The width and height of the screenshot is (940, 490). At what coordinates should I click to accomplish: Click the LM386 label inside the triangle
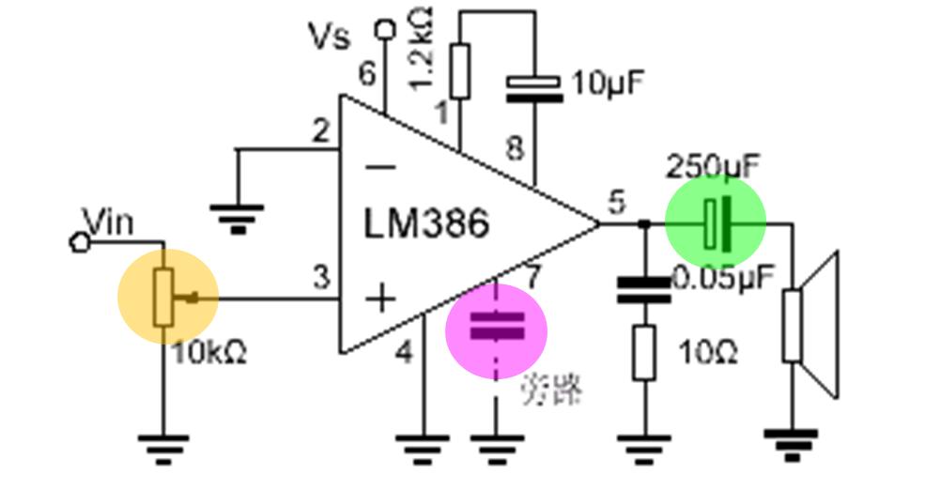click(426, 224)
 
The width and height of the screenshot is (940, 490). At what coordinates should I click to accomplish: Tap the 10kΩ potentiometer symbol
click(165, 297)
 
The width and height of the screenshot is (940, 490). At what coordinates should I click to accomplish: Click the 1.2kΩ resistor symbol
click(459, 71)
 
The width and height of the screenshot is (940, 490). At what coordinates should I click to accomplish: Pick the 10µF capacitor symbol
click(534, 85)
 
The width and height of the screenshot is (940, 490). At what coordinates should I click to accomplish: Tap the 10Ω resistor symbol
click(643, 352)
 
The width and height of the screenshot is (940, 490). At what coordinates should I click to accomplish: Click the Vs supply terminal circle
click(383, 28)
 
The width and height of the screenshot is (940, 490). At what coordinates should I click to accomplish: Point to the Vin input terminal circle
click(80, 242)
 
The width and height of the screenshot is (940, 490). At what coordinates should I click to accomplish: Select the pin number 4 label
click(405, 353)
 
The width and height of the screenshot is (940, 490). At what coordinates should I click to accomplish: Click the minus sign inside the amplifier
click(380, 168)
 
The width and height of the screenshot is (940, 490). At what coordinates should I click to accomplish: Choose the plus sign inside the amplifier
click(380, 299)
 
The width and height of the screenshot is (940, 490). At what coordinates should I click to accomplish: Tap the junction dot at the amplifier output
click(643, 223)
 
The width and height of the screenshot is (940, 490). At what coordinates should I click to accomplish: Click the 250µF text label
click(713, 167)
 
